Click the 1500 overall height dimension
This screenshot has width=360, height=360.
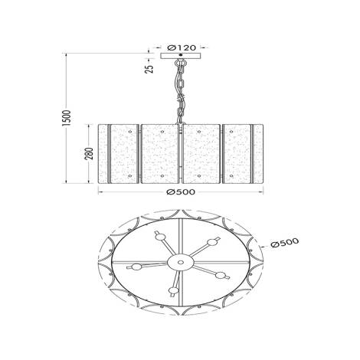[x=67, y=118]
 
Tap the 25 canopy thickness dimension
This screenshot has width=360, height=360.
[x=149, y=67]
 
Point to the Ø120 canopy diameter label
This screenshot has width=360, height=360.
[x=180, y=47]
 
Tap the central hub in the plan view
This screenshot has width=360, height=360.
[x=180, y=263]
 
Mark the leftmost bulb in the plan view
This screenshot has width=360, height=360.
[x=138, y=267]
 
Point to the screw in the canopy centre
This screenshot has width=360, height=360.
[x=180, y=52]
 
